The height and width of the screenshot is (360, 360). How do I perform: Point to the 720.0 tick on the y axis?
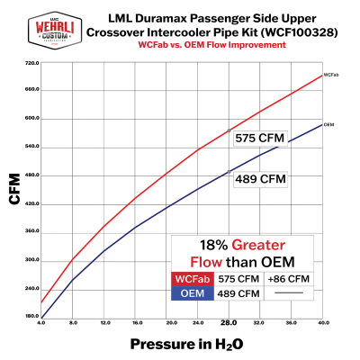[x=32, y=63]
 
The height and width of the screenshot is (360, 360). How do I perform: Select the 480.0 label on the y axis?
[x=32, y=175]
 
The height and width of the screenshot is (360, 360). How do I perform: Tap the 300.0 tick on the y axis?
[x=32, y=260]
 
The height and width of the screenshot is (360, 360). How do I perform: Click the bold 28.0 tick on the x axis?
[x=228, y=321]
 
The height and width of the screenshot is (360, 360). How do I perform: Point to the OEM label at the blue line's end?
[x=330, y=124]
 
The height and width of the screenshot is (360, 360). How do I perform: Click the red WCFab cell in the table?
[x=193, y=279]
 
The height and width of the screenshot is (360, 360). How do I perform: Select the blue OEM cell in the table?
[x=193, y=293]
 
